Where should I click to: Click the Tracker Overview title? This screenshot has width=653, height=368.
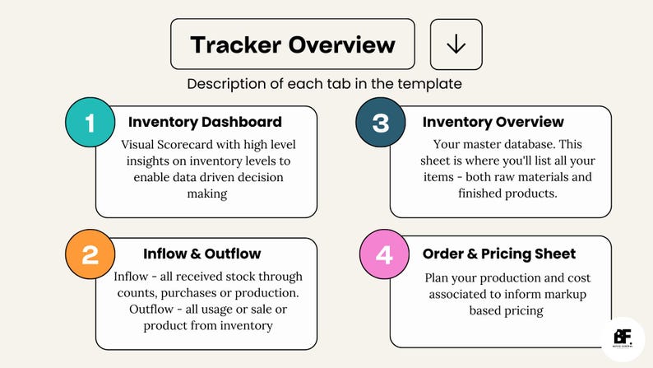click(x=292, y=44)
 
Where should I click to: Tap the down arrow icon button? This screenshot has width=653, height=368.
click(x=456, y=44)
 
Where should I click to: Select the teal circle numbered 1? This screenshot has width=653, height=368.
click(x=90, y=123)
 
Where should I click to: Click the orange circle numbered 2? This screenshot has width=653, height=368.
click(x=90, y=255)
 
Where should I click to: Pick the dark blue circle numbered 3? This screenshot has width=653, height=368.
click(x=380, y=123)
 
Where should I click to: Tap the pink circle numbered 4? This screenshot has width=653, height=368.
click(x=383, y=254)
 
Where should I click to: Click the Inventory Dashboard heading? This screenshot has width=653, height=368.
click(x=205, y=122)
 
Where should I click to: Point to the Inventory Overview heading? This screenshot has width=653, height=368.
click(x=493, y=122)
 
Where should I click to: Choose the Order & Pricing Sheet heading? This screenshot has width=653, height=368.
click(x=499, y=254)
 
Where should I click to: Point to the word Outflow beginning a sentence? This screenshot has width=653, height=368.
click(x=153, y=309)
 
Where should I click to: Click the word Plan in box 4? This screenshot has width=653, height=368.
click(x=440, y=277)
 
